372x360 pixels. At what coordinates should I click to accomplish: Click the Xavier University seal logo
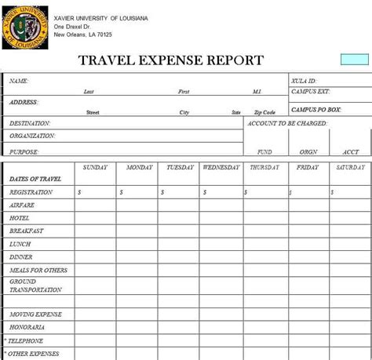(24, 27)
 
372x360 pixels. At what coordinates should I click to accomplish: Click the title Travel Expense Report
(171, 60)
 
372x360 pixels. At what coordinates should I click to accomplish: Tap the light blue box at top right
(355, 60)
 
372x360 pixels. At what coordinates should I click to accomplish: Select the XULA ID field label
(303, 81)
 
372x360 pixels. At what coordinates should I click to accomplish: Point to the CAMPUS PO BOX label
(315, 110)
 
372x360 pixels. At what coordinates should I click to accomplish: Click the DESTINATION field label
(30, 123)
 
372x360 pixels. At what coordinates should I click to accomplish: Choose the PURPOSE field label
(24, 151)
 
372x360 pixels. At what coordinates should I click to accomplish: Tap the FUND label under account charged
(264, 152)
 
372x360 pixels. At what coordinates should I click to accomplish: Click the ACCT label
(350, 152)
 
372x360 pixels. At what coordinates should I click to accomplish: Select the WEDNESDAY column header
(222, 167)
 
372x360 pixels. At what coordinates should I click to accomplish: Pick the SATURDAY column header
(350, 167)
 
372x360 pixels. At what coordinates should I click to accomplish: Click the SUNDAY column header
(95, 167)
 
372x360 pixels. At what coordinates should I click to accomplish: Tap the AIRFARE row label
(22, 205)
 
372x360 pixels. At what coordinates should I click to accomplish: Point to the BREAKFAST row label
(27, 231)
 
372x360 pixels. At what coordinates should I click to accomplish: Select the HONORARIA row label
(27, 326)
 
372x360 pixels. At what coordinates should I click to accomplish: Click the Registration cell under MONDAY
(137, 192)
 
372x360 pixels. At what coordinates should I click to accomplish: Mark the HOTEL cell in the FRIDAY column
(308, 218)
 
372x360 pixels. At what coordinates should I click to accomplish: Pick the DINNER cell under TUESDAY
(180, 256)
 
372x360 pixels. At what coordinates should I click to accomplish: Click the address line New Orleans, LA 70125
(84, 35)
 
